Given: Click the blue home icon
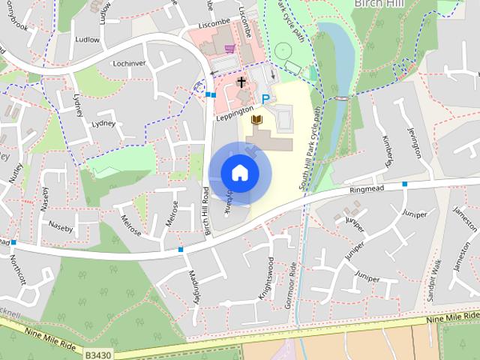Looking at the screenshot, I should pos(239,172).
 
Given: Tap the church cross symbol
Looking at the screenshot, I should pos(242,81).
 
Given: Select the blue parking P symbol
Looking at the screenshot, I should pos(265,99).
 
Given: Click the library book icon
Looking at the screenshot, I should pos(257,119).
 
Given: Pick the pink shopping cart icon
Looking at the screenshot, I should pos(229,49).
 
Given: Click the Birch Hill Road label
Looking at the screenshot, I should pos(206,212).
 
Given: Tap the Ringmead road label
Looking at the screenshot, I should pos(367,190).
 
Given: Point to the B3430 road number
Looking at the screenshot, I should pos(97,352).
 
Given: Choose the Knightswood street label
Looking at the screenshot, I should pos(267,279).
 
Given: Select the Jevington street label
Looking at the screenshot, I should pos(415,141).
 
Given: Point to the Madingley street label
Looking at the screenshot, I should pos(195,286).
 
